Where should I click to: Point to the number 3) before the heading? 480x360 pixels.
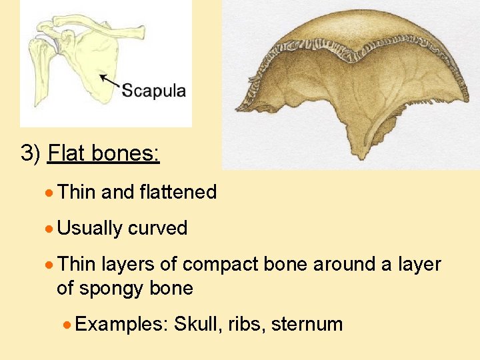[31, 154]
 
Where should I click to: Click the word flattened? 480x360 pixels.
[178, 193]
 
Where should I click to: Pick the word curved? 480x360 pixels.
[157, 229]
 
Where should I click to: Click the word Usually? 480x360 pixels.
[90, 229]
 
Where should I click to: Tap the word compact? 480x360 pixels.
[221, 265]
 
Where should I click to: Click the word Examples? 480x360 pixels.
[121, 325]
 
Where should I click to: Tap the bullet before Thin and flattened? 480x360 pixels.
[49, 193]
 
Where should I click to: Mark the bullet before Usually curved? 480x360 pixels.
[49, 229]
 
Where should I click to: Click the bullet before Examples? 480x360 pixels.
[67, 325]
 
